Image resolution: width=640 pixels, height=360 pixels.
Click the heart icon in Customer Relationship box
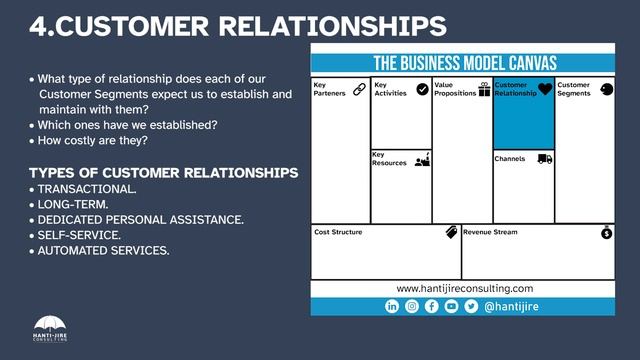click(544, 89)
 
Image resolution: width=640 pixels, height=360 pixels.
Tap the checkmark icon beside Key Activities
click(422, 89)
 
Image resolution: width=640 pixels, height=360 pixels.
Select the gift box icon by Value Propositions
click(484, 89)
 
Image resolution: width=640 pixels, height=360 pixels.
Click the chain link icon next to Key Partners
click(360, 89)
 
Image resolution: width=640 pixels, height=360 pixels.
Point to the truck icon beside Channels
click(544, 158)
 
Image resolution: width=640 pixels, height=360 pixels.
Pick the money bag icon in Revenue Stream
click(606, 232)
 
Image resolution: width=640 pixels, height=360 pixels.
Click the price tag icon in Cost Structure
click(451, 232)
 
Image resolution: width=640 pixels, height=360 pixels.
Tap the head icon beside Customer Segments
click(606, 89)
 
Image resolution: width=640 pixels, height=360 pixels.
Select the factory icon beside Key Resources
click(422, 159)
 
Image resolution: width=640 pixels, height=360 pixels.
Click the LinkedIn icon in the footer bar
click(392, 307)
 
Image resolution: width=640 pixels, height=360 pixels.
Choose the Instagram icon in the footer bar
click(412, 307)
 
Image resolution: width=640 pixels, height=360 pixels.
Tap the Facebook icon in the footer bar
click(432, 307)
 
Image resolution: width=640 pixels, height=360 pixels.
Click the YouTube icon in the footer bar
click(451, 307)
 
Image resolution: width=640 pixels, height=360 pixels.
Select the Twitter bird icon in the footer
click(471, 307)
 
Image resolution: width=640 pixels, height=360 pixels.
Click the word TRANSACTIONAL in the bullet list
click(81, 188)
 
